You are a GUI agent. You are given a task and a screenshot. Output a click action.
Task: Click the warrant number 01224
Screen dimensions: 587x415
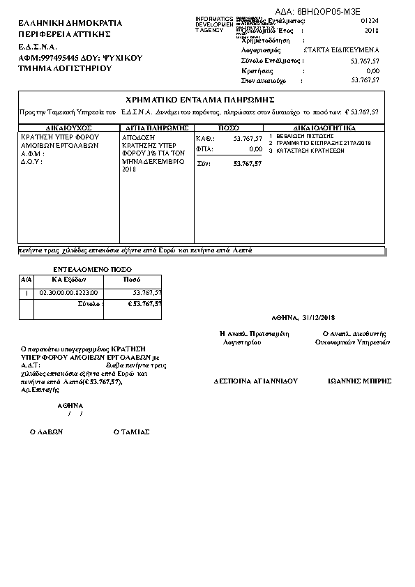pos(370,22)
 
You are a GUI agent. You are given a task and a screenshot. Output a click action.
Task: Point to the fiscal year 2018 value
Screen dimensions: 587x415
pos(372,31)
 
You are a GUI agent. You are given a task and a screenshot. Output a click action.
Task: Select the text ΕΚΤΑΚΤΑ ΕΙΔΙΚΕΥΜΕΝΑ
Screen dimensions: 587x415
pos(342,51)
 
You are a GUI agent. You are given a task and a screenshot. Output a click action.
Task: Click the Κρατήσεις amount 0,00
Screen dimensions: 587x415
pos(372,71)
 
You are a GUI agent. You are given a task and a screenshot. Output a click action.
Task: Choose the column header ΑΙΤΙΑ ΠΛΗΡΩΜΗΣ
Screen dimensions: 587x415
pos(156,129)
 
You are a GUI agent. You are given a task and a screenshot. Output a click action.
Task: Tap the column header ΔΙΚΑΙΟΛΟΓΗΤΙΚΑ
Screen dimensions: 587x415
pos(325,129)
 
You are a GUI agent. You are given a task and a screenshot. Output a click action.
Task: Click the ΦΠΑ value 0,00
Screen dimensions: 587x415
pos(255,149)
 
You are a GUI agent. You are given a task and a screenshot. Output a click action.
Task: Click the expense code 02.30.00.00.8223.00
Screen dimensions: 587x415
pos(69,292)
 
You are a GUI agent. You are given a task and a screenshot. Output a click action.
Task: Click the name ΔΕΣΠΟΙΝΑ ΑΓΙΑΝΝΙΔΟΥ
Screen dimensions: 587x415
pos(256,381)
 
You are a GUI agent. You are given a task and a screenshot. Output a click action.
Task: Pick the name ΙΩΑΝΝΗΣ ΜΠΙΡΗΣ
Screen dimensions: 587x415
pos(359,381)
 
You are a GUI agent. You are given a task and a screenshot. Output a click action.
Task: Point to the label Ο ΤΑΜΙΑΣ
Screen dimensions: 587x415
pos(131,432)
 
